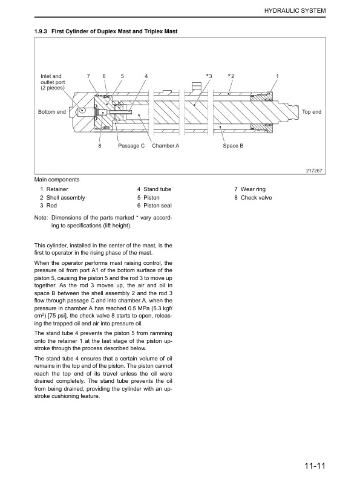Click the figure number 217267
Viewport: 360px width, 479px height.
[316, 170]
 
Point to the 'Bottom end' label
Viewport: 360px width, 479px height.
[52, 112]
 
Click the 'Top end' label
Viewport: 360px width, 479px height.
[312, 112]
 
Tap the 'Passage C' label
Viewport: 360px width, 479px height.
[131, 146]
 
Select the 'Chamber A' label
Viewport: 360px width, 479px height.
[166, 146]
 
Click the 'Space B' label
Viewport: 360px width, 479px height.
[233, 146]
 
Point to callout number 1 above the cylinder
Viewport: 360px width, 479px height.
[277, 76]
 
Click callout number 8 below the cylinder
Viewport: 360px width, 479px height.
[100, 146]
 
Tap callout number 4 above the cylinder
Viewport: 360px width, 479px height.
[146, 76]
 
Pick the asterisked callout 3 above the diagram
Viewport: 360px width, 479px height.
[209, 76]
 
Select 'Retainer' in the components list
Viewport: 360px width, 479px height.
[57, 189]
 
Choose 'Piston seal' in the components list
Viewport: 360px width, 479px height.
[159, 206]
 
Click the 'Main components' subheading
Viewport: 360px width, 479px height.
[57, 180]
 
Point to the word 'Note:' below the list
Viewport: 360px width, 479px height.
[42, 217]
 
